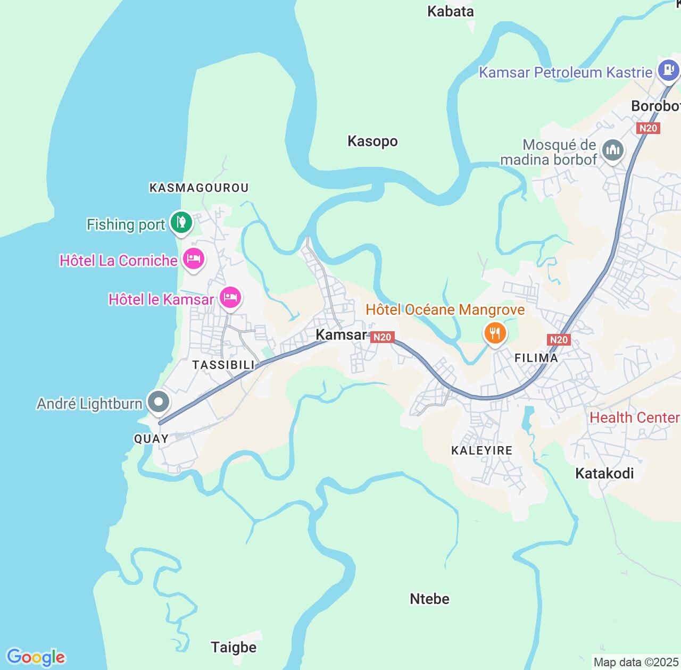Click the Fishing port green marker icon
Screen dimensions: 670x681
tap(181, 222)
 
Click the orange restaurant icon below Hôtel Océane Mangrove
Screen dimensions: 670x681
tap(495, 333)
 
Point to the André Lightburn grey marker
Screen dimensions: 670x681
tap(158, 403)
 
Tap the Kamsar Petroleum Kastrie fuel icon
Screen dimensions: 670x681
tap(668, 70)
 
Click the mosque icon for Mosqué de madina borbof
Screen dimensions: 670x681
tap(612, 149)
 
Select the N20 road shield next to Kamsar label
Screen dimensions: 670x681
tap(382, 337)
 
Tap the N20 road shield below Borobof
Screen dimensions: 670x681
tap(648, 128)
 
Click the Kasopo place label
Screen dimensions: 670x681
tap(372, 141)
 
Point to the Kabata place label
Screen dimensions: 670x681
tap(450, 11)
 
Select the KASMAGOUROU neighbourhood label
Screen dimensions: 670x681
tap(199, 187)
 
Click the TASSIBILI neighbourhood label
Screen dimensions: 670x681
tap(223, 364)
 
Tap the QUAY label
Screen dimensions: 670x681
tap(151, 439)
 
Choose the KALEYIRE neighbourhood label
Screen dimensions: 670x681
tap(481, 450)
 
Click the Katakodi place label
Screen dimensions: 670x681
tap(604, 473)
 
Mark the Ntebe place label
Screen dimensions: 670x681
tap(429, 599)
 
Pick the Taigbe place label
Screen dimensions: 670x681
tap(234, 647)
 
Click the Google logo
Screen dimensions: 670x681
tap(36, 657)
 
